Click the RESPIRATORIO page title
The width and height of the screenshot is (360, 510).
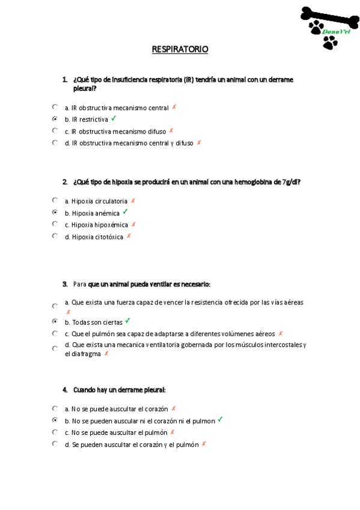click(180, 49)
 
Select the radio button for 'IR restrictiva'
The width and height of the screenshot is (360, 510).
click(55, 119)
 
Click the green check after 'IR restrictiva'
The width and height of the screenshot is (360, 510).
click(114, 118)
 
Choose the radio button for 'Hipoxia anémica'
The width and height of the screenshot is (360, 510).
click(55, 212)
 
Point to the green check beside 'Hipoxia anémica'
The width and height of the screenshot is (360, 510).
click(125, 212)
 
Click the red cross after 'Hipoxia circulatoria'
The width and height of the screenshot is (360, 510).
click(133, 201)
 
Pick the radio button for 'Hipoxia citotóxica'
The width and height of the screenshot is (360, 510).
click(55, 236)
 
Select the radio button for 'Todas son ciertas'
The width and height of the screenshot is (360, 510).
click(55, 322)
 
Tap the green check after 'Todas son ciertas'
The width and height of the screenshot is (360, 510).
click(127, 321)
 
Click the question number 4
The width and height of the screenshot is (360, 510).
click(65, 390)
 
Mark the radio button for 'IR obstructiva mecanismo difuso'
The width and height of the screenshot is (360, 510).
click(55, 131)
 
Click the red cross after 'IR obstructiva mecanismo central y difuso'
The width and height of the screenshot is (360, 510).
click(199, 143)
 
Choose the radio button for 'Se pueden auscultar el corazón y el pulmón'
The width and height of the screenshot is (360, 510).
click(55, 444)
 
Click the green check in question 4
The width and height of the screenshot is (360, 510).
click(220, 420)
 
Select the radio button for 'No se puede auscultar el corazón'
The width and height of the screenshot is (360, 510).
click(55, 408)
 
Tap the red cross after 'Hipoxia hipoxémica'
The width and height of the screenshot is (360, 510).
click(133, 224)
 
